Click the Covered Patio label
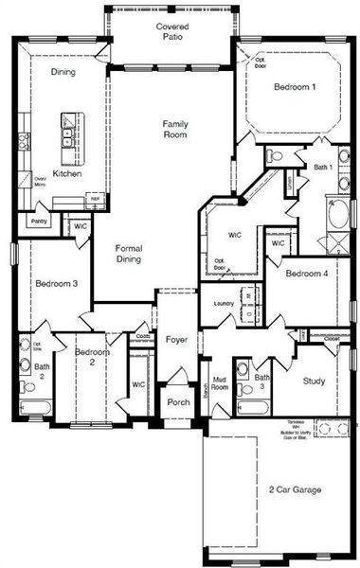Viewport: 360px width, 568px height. (x=172, y=35)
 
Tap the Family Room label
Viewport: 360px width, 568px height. (x=174, y=130)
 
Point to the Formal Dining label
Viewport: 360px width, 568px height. (x=129, y=253)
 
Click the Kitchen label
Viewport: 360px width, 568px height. (x=67, y=174)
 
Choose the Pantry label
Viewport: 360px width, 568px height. (x=39, y=221)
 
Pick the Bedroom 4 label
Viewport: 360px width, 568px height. (x=307, y=274)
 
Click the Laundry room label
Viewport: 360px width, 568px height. (x=224, y=303)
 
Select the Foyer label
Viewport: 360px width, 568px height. (x=177, y=337)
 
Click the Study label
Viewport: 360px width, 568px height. (x=314, y=382)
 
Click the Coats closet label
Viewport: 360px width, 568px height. (x=142, y=335)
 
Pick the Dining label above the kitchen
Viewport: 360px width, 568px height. (x=63, y=71)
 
